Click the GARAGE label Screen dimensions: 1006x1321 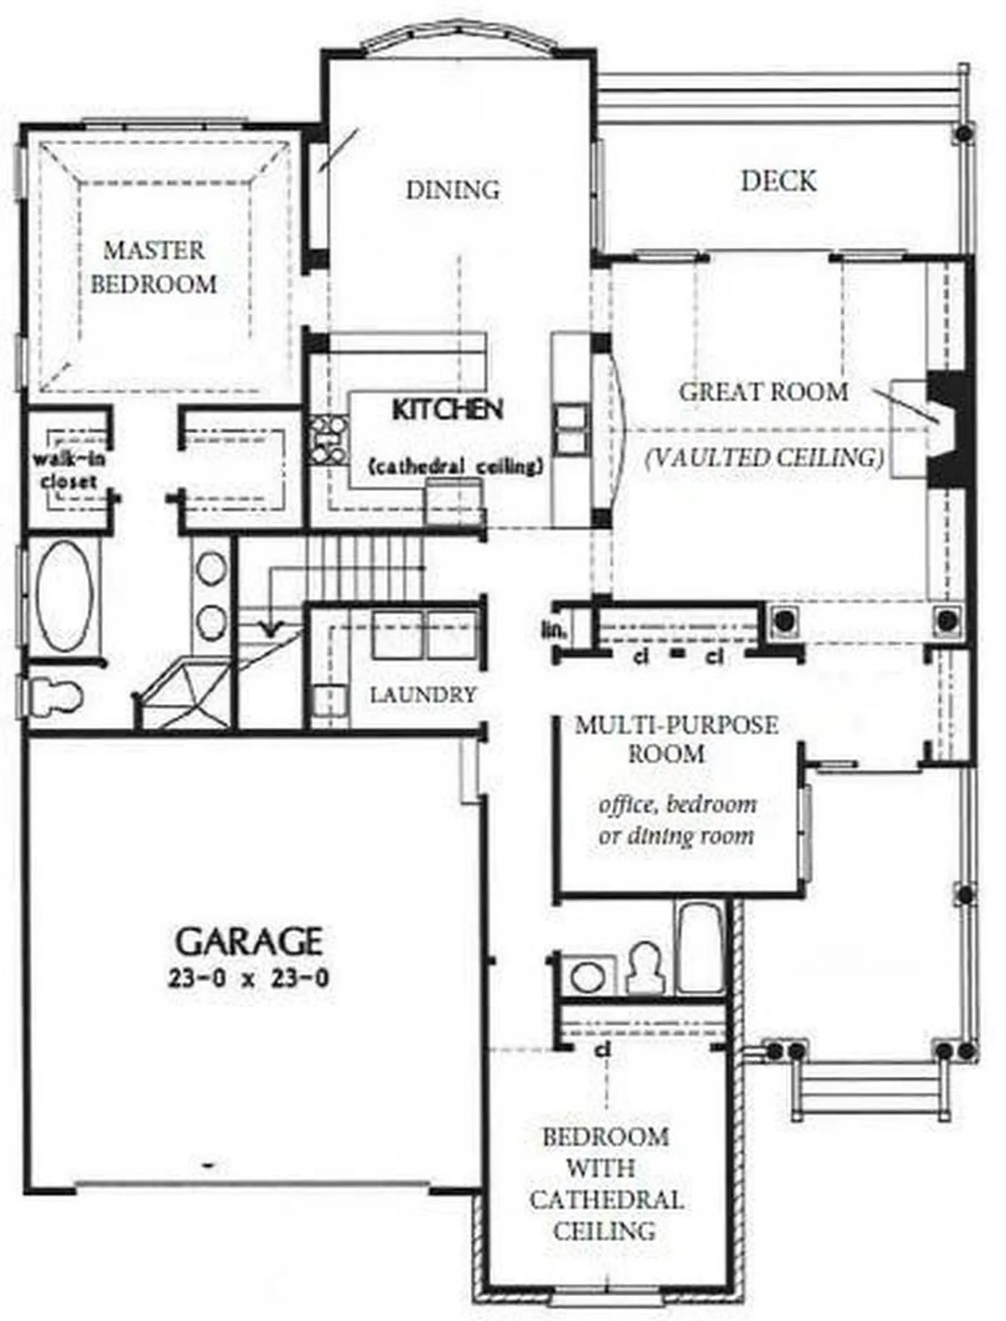click(x=249, y=941)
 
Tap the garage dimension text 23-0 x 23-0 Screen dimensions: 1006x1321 click(x=248, y=978)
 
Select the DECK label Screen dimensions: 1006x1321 click(x=778, y=181)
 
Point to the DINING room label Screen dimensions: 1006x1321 click(x=452, y=190)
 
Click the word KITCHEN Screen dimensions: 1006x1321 click(x=447, y=409)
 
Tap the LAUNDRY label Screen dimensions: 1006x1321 click(x=422, y=695)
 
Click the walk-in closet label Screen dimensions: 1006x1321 click(x=68, y=470)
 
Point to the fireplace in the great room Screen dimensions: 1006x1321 click(x=948, y=427)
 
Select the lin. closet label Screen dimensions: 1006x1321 click(x=553, y=629)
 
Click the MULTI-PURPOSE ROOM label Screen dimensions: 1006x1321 click(x=676, y=739)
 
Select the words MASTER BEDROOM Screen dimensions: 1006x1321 click(x=153, y=267)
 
